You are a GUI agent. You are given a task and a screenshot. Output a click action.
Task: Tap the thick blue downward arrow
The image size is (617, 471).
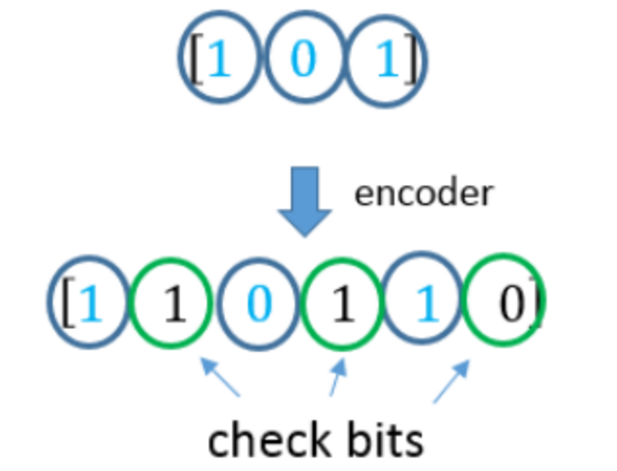[305, 201]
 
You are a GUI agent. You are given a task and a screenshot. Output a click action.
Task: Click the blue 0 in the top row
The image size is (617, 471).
[303, 58]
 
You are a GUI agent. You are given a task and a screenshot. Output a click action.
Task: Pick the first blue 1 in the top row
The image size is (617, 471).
[220, 58]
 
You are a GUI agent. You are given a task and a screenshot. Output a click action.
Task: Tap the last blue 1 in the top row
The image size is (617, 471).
[388, 58]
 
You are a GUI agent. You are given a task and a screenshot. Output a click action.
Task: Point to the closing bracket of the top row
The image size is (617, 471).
[411, 58]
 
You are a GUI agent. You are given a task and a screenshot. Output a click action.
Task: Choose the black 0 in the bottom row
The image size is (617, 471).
[512, 303]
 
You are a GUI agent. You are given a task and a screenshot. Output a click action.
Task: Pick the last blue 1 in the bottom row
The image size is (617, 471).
[428, 303]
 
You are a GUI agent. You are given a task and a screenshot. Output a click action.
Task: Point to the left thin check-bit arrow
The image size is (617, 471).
[220, 377]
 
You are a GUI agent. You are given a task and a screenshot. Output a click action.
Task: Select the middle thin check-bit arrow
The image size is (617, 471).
[338, 377]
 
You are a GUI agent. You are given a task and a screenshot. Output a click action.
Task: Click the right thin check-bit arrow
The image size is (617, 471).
[451, 381]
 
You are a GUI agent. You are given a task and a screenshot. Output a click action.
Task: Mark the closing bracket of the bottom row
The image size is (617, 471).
[535, 303]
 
